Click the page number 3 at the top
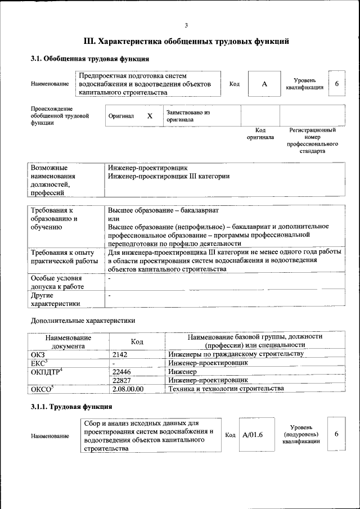[186, 25]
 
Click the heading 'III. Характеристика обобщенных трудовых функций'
[186, 41]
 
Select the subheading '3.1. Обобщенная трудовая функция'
[89, 58]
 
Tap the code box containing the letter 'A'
[264, 84]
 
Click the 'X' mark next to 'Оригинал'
[150, 116]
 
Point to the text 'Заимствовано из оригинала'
[188, 116]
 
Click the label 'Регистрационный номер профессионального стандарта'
[312, 141]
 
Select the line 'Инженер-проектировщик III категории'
[169, 176]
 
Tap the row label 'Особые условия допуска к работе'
[56, 282]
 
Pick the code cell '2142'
[120, 354]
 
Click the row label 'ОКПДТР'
[46, 372]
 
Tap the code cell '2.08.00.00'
[128, 389]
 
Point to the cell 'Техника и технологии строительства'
[226, 389]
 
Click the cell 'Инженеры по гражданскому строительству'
[236, 354]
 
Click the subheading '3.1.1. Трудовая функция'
[71, 406]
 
